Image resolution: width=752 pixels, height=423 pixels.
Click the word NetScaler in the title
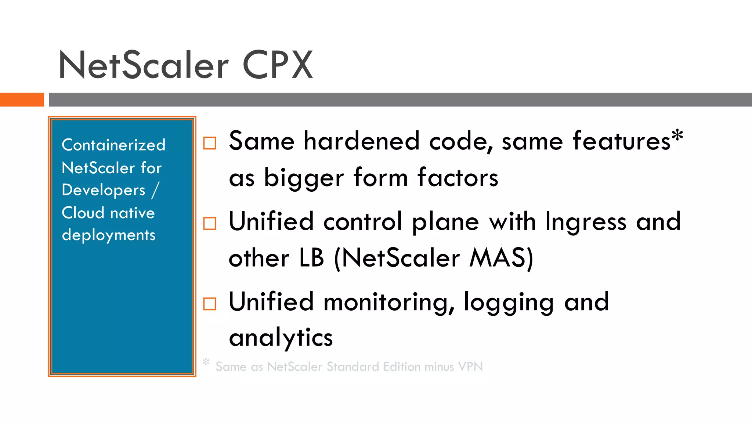[x=144, y=65]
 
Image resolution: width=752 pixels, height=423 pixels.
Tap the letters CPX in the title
[x=278, y=65]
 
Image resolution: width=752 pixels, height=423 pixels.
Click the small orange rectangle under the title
[x=22, y=100]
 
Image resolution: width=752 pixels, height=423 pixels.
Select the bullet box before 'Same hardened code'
[x=210, y=143]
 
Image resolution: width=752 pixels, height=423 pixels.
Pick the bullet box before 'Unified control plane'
[x=210, y=223]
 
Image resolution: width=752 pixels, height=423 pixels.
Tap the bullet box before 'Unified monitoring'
[x=210, y=304]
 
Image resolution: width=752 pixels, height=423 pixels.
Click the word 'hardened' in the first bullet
[x=361, y=141]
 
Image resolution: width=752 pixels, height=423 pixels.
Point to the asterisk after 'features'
[x=677, y=137]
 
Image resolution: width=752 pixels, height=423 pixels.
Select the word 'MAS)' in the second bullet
[x=501, y=258]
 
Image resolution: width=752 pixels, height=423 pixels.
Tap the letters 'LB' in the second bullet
[x=312, y=258]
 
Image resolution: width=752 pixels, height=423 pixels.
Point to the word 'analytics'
[x=281, y=338]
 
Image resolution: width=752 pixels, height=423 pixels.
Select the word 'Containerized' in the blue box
[x=113, y=145]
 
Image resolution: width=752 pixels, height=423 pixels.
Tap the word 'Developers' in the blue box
[x=104, y=191]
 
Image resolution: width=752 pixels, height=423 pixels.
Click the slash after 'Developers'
[x=155, y=190]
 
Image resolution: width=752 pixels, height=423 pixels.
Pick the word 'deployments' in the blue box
[x=109, y=235]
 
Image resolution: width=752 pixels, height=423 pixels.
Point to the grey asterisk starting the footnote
[x=206, y=362]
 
